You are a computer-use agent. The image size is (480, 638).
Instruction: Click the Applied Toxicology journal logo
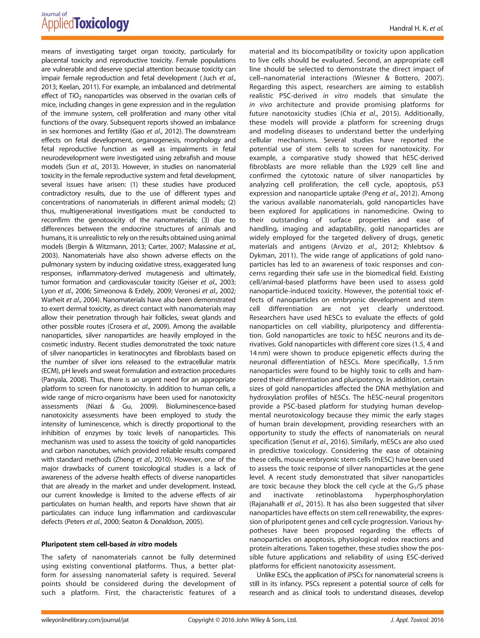coord(85,22)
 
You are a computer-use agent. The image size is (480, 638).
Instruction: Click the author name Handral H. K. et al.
coord(416,28)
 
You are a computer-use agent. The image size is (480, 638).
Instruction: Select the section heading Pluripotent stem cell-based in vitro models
coord(109,544)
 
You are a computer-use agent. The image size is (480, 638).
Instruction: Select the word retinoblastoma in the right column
coord(339,495)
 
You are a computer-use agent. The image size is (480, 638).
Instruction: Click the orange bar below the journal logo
coord(242,38)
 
